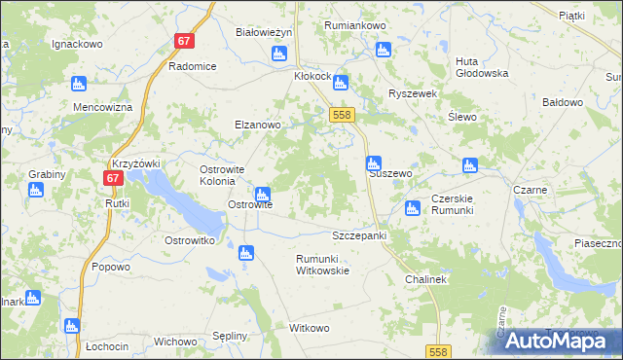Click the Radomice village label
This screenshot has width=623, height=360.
[192, 66]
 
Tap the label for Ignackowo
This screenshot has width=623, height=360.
[78, 44]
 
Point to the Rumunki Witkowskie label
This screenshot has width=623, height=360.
[322, 265]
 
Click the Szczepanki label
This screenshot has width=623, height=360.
[359, 235]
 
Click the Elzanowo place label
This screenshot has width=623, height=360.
[257, 125]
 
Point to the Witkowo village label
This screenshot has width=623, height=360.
[310, 328]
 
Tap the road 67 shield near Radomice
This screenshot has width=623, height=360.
[185, 42]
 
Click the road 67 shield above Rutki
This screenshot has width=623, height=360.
[113, 178]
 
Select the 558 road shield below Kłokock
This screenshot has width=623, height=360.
[340, 115]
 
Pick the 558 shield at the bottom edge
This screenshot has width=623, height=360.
[437, 351]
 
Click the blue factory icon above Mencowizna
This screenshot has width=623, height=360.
[79, 85]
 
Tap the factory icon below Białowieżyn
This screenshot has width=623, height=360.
[279, 53]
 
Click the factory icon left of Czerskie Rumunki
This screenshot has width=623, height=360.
[412, 206]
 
